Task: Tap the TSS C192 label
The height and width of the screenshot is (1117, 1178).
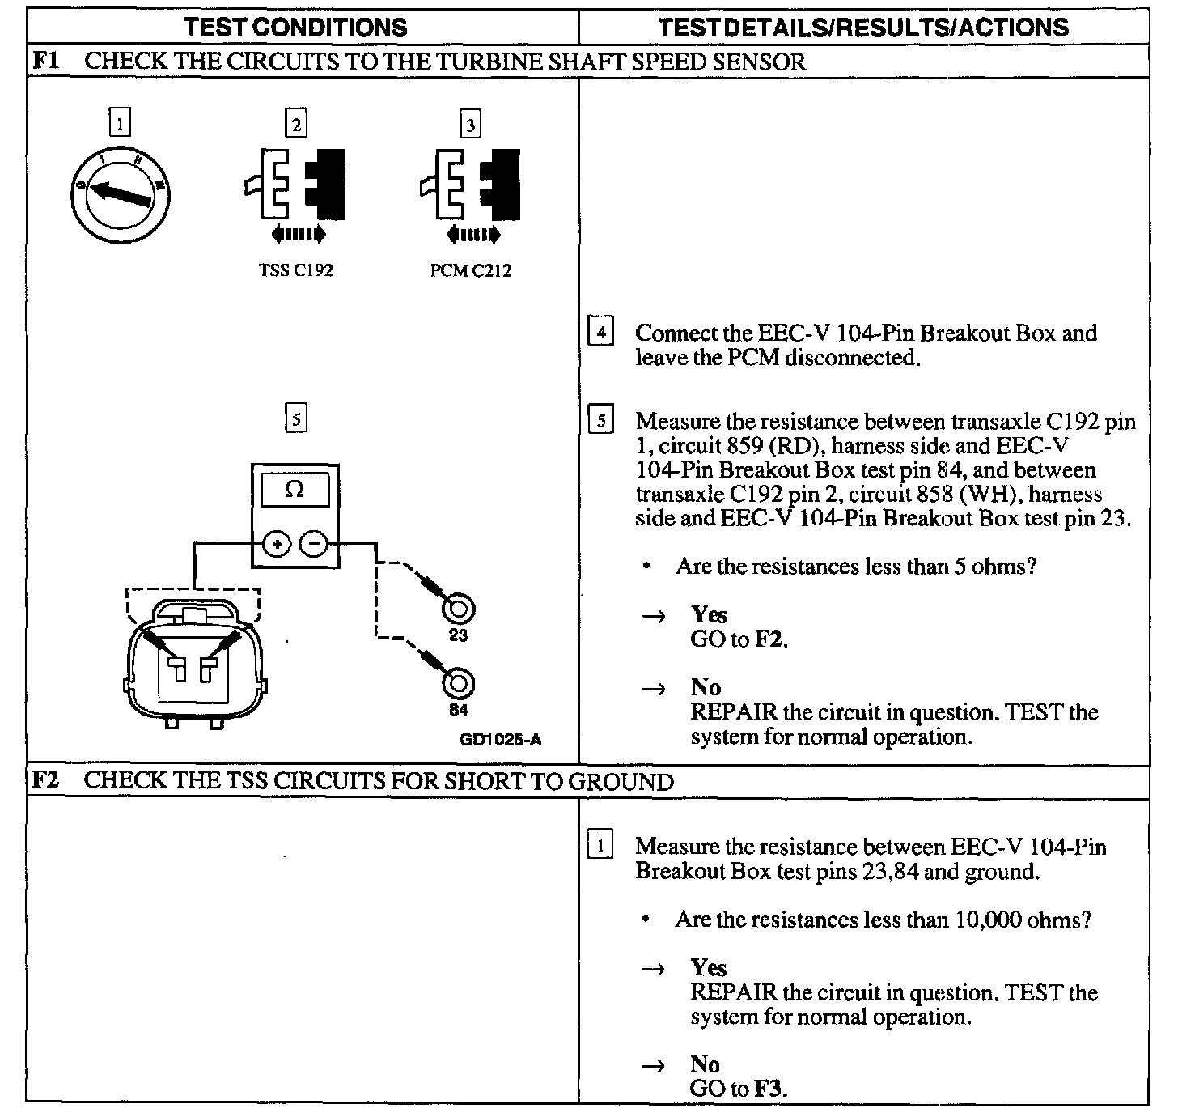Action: click(295, 270)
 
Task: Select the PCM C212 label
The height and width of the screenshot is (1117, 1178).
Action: click(470, 270)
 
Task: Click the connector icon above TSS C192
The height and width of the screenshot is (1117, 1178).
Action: click(296, 185)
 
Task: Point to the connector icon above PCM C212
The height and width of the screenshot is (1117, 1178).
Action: click(471, 185)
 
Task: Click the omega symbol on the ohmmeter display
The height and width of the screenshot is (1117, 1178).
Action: click(294, 491)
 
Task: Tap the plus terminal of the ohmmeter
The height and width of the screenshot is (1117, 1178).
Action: click(277, 544)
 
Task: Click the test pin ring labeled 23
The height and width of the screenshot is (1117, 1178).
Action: click(458, 609)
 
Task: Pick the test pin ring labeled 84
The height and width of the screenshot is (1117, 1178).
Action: click(458, 683)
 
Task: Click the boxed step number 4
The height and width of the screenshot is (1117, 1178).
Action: click(600, 332)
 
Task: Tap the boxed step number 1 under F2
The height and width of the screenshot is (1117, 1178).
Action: click(600, 846)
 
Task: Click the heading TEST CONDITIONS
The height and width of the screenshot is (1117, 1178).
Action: click(296, 28)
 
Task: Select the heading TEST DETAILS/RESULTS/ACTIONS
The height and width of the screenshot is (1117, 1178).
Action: click(863, 28)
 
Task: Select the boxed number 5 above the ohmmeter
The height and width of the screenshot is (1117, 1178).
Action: click(296, 419)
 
